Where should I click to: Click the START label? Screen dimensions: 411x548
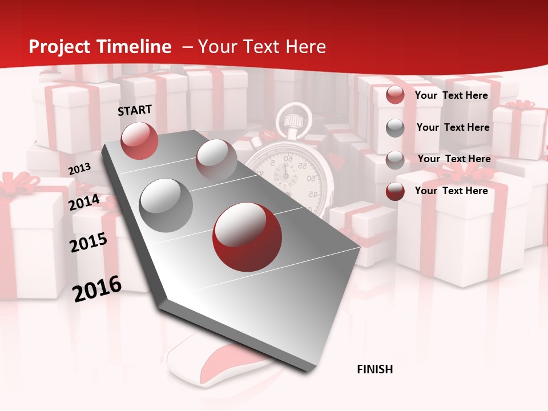point(135,110)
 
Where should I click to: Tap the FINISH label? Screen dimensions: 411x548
point(375,369)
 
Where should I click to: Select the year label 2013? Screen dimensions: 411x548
point(79,169)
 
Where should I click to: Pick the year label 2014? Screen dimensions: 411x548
point(84,202)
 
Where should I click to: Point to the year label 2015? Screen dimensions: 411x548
point(88,243)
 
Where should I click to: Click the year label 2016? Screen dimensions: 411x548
point(97,288)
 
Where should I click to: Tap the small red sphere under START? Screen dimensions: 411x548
point(139,140)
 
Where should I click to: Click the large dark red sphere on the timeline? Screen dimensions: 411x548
point(247,236)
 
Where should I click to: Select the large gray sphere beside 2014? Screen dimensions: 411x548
point(166,205)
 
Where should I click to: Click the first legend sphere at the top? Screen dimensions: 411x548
point(395,95)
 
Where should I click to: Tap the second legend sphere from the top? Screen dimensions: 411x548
point(395,128)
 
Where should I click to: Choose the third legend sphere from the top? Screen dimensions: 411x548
point(395,160)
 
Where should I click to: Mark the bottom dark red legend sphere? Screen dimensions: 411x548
point(395,191)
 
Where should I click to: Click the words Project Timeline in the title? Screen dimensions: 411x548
point(100,47)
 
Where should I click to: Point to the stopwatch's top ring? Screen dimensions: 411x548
point(294,119)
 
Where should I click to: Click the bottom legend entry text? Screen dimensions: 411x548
point(451,191)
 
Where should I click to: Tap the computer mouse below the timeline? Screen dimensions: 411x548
point(211,360)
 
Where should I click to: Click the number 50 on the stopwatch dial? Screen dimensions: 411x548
point(312,178)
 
